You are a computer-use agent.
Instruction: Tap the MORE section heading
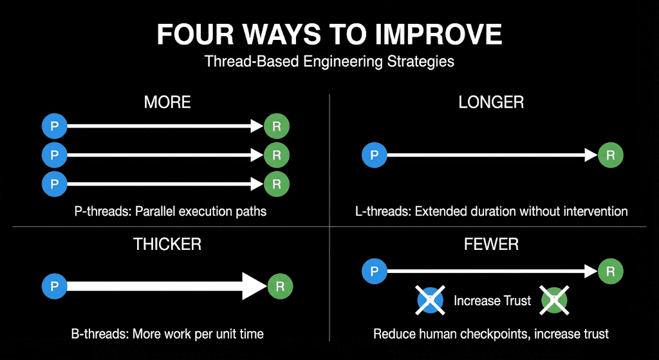click(167, 102)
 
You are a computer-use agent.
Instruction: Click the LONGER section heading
click(491, 102)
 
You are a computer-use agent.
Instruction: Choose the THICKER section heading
click(167, 244)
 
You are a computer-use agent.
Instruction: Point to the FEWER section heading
click(491, 244)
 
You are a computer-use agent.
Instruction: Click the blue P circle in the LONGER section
click(375, 155)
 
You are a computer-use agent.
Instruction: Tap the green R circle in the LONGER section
click(611, 155)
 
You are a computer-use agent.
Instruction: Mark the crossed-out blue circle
click(431, 300)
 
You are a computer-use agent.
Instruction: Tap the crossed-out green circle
click(553, 300)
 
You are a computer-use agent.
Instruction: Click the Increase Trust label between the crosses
click(492, 301)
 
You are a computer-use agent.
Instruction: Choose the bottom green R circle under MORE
click(277, 184)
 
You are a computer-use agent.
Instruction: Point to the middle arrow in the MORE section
click(161, 155)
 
